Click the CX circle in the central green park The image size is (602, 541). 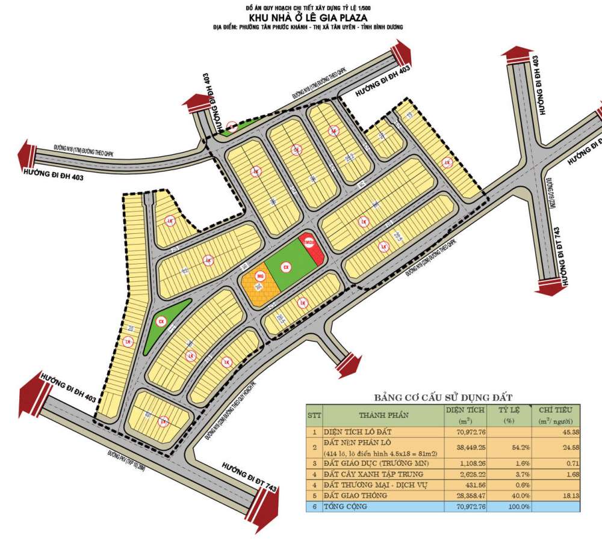[x=286, y=267]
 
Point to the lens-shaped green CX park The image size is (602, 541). [x=166, y=325]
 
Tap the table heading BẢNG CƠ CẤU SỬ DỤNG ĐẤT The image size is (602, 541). [x=442, y=398]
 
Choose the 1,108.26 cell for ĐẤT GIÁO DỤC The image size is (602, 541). [x=469, y=463]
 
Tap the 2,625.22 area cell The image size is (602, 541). [x=469, y=474]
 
